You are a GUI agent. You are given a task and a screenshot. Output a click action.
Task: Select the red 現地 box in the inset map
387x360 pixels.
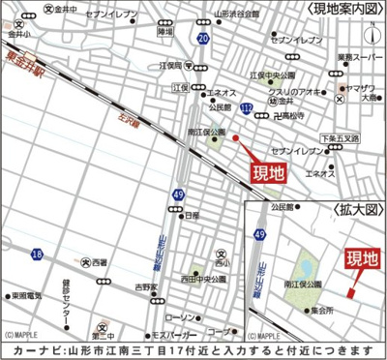pos(362,258)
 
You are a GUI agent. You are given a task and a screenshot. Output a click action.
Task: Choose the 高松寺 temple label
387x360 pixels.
pos(286,113)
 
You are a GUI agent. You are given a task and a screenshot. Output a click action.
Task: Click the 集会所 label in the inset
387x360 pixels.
pos(321,311)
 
